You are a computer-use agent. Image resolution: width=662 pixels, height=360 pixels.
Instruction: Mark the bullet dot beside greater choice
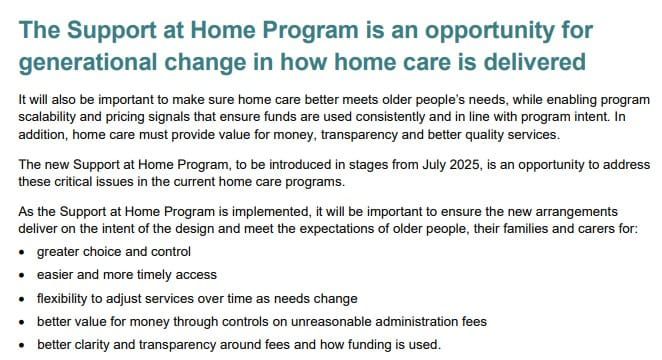(x=23, y=252)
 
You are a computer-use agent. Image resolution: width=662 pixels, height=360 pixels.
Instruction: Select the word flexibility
(x=65, y=299)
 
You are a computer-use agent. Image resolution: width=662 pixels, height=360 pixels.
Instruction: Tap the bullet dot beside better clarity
(x=23, y=345)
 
